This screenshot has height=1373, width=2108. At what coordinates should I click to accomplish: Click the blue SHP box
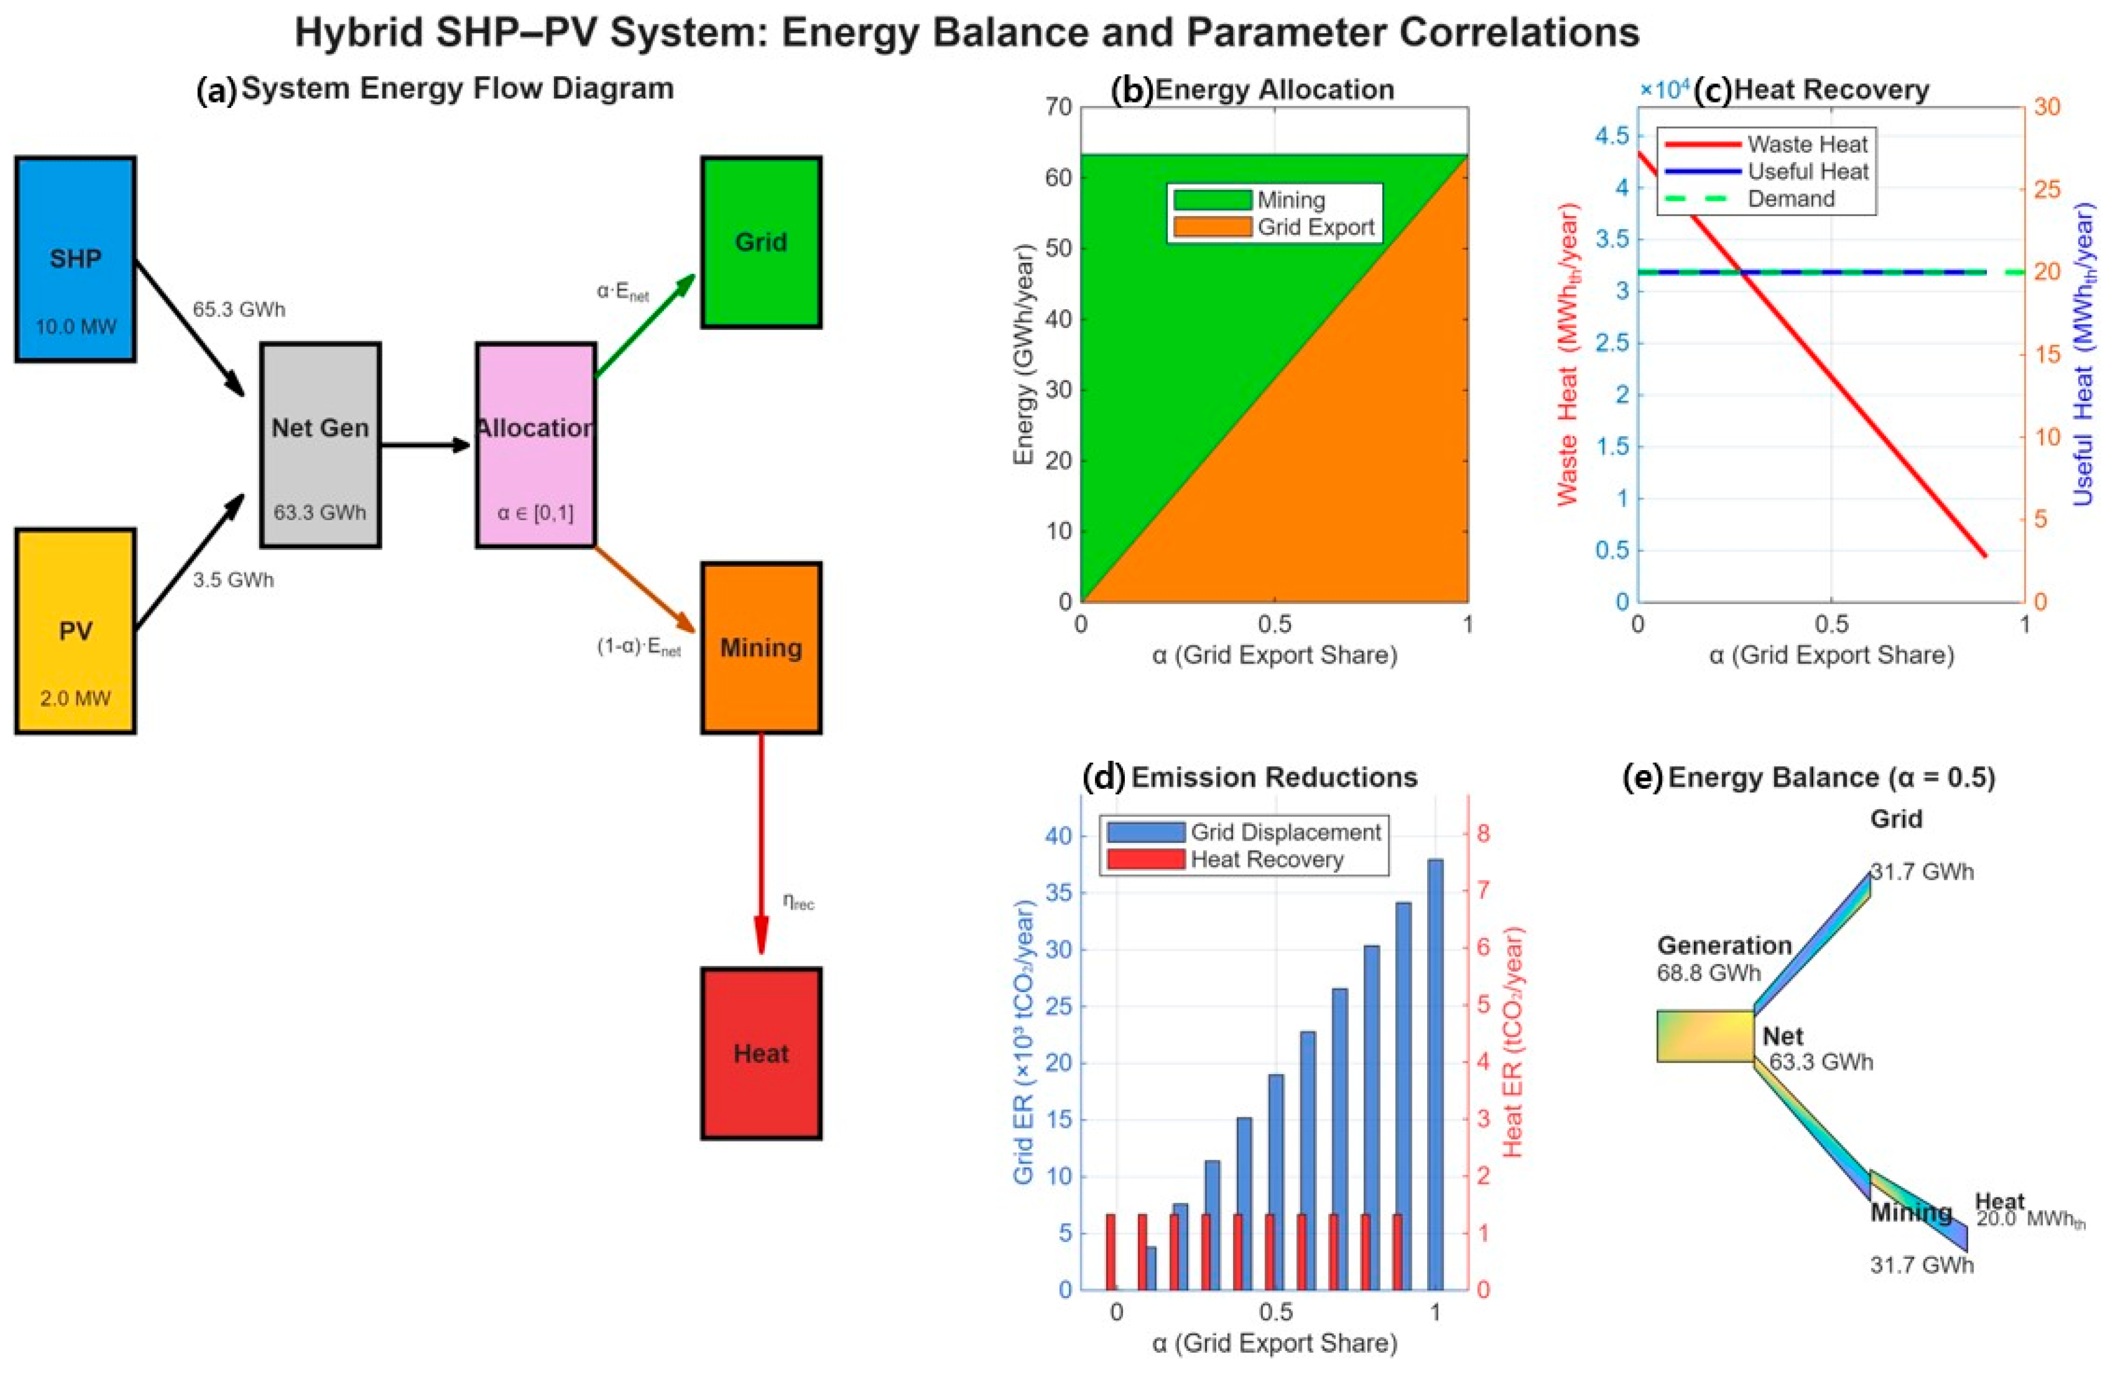[x=75, y=259]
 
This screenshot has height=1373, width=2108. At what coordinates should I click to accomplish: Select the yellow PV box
[x=75, y=631]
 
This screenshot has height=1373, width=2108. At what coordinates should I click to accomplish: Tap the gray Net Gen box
[x=320, y=444]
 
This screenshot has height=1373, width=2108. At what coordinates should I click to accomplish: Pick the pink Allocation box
[x=535, y=444]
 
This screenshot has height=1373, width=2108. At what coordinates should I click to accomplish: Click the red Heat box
[x=761, y=1053]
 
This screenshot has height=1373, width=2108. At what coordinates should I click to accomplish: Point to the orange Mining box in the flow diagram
[x=761, y=648]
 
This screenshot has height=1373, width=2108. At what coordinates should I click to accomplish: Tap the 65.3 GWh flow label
[x=239, y=309]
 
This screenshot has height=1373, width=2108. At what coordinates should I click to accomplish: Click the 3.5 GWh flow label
[x=234, y=580]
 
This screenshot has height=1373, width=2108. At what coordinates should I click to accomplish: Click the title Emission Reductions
[x=1274, y=777]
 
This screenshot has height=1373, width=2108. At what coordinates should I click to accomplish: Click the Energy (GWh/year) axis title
[x=1025, y=354]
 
